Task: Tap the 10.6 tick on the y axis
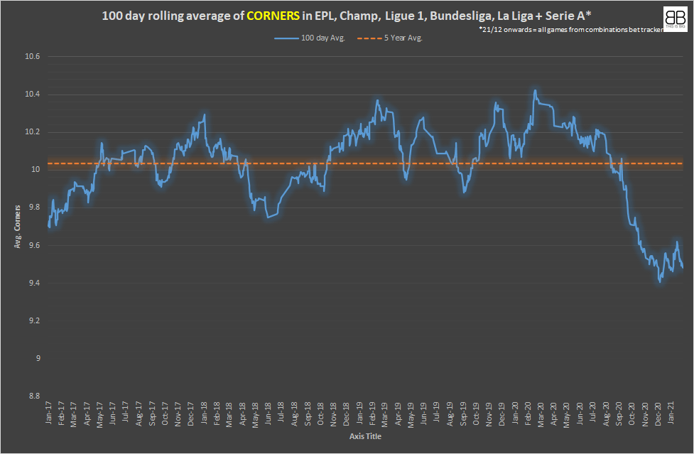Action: coord(33,57)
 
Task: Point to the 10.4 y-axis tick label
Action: coord(33,94)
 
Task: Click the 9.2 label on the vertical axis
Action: coord(34,321)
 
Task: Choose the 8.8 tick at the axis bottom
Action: coord(34,396)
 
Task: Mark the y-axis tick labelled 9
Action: coord(38,359)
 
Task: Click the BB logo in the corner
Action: coord(673,18)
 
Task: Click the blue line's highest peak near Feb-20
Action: coord(534,90)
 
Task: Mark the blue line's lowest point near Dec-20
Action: coord(660,281)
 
